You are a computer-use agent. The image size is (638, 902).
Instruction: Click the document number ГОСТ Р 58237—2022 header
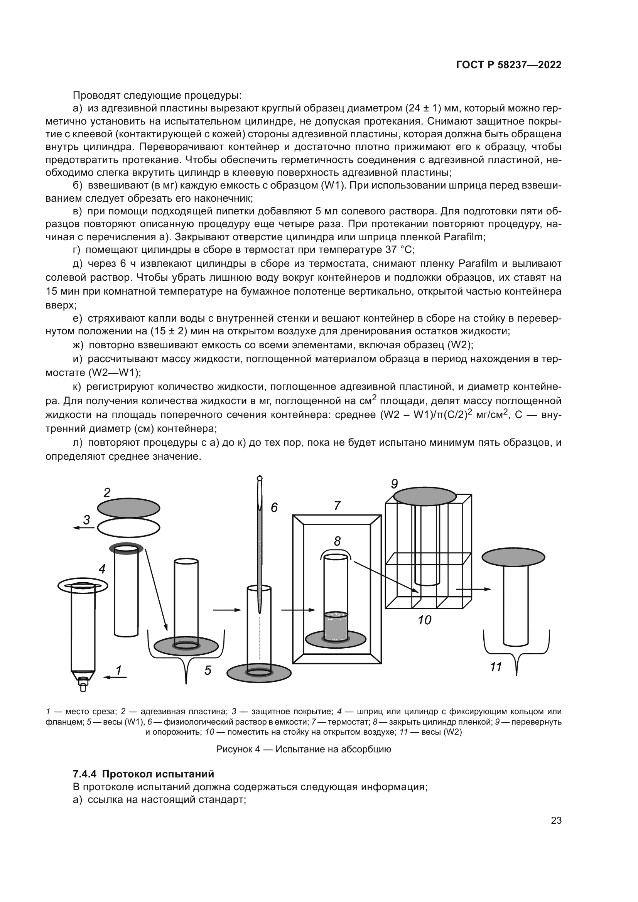509,65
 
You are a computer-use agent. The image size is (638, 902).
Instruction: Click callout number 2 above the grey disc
106,492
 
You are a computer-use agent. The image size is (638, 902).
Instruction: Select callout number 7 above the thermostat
337,506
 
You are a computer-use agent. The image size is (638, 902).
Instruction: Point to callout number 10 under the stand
424,620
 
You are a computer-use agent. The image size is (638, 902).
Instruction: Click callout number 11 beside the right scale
496,667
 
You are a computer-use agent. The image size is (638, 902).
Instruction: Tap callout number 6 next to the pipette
274,507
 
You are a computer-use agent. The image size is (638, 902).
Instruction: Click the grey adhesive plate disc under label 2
128,508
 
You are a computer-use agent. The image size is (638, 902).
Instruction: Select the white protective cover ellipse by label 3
128,528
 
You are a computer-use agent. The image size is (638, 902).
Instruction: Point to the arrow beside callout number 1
114,677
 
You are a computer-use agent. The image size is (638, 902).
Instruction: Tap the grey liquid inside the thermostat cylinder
336,625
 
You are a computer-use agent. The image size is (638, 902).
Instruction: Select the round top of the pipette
259,479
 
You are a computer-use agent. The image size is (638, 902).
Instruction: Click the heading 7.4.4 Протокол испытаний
143,774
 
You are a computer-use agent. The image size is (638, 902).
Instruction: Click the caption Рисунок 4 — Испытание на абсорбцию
303,749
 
